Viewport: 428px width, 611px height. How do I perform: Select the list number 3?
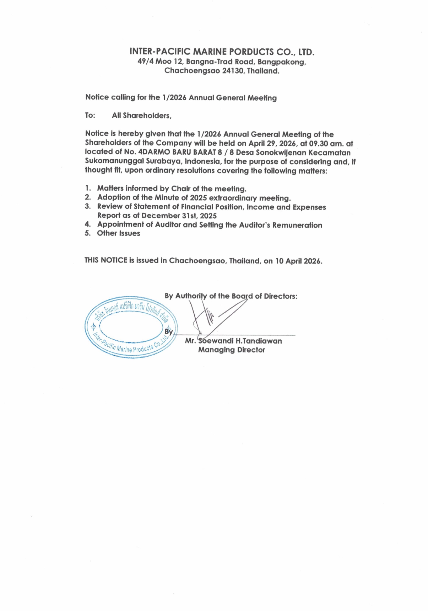click(x=87, y=207)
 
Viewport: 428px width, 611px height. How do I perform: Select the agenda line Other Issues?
click(x=119, y=233)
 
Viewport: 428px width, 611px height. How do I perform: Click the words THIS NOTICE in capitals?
click(x=106, y=260)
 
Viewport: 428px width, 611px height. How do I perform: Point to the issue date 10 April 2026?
click(x=298, y=261)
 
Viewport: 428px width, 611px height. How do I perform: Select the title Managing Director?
click(x=232, y=350)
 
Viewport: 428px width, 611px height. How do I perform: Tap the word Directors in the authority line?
click(x=280, y=296)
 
